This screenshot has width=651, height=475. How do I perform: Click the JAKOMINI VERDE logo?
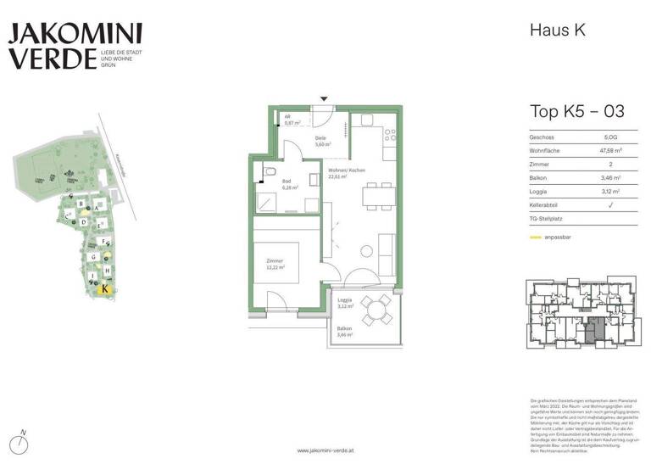tap(75, 46)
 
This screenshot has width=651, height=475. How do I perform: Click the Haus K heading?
tap(557, 31)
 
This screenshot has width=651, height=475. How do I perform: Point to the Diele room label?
tap(321, 142)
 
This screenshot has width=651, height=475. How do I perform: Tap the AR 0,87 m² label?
tap(292, 120)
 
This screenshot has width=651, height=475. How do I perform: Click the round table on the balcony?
tap(375, 311)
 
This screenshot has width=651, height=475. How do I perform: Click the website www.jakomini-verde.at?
tap(325, 450)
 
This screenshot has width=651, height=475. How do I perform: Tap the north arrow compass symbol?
tap(24, 442)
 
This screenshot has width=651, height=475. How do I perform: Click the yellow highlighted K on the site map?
tap(104, 288)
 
